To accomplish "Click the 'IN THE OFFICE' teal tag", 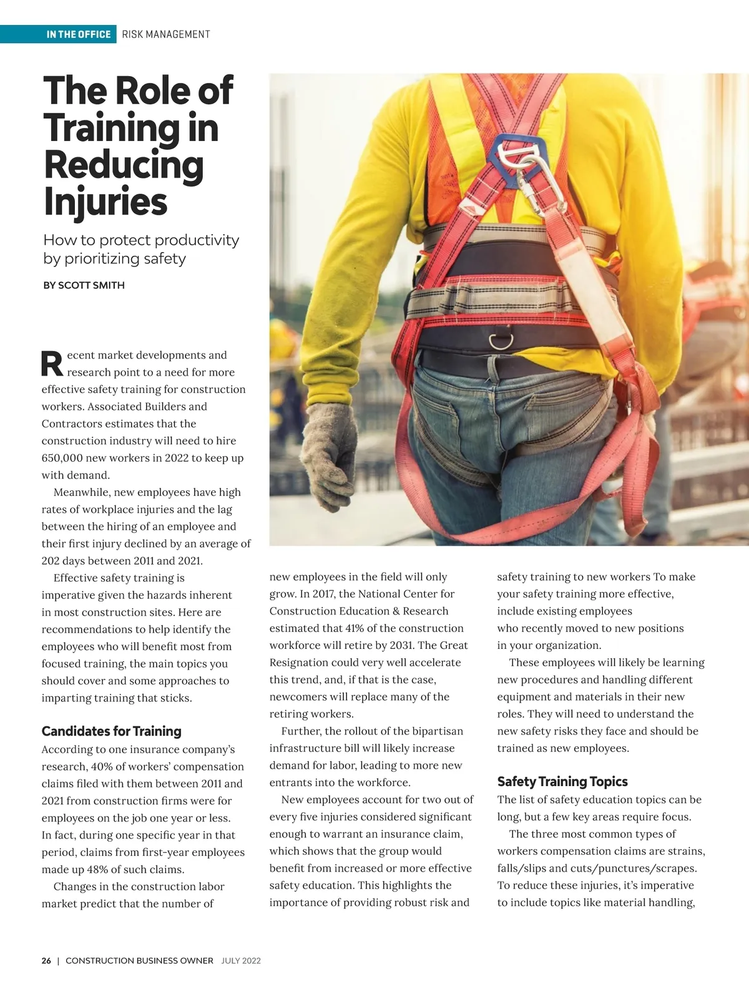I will click(78, 34).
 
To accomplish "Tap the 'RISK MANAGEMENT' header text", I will click(166, 34).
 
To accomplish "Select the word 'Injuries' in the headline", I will click(105, 202).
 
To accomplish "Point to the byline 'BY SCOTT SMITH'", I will click(84, 285).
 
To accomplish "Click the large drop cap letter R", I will click(52, 364).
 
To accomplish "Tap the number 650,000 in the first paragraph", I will click(62, 458).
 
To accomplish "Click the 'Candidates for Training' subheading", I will click(111, 731).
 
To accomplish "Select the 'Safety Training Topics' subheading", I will click(562, 782).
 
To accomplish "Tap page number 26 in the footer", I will click(46, 961).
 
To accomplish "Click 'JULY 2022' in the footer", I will click(241, 961).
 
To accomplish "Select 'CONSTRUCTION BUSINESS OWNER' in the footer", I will click(139, 961).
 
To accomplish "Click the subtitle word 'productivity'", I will click(197, 240).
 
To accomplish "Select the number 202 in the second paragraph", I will click(52, 561).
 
